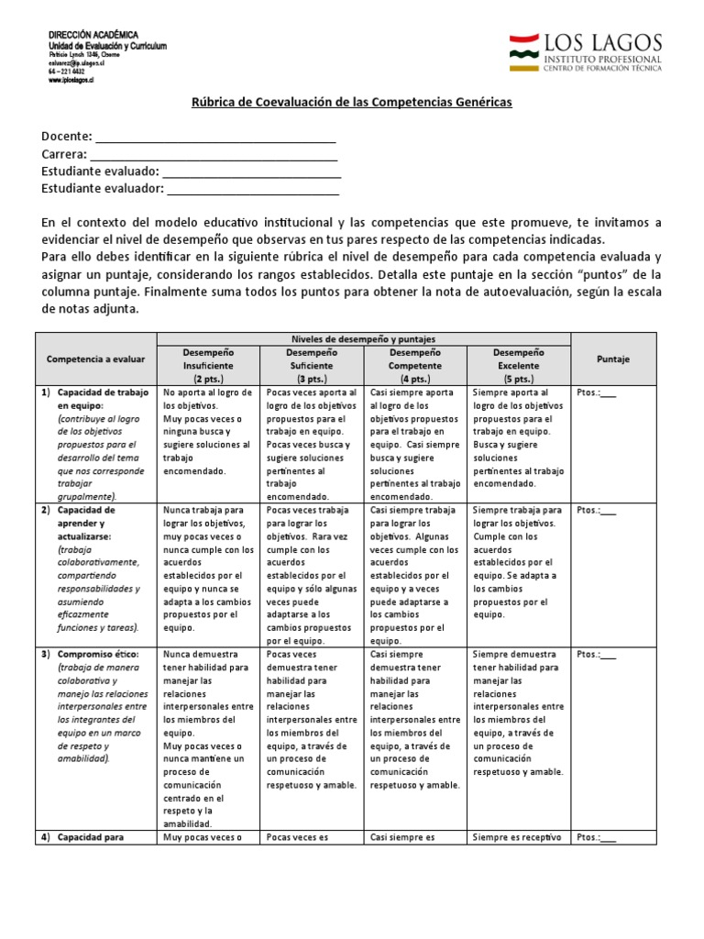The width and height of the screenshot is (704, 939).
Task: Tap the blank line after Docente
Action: click(215, 138)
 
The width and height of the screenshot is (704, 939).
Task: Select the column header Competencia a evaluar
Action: click(96, 359)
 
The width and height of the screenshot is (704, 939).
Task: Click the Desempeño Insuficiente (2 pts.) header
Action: click(209, 365)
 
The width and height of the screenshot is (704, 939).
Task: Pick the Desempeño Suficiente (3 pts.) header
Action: click(312, 365)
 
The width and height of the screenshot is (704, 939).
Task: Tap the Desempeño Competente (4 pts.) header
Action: click(415, 365)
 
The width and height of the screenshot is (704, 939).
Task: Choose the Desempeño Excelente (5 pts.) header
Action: click(519, 365)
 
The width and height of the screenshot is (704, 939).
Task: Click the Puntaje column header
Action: click(614, 359)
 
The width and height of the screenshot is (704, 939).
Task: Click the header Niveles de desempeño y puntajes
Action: click(364, 339)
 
